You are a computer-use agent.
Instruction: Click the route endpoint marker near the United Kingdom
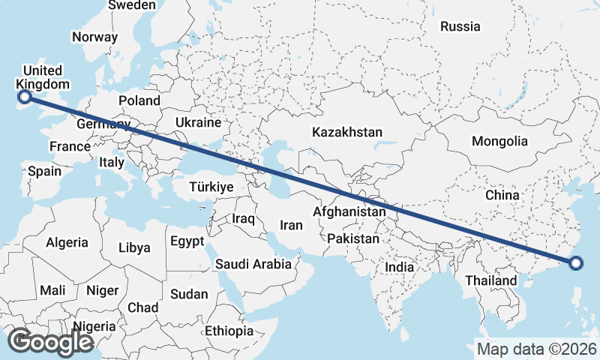(25, 96)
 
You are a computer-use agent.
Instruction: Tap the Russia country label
(460, 26)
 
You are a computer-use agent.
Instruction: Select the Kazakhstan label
(347, 132)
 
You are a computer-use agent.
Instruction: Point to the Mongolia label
(499, 141)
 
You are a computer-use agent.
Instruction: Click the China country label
(502, 195)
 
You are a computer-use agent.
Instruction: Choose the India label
(400, 267)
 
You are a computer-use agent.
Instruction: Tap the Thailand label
(491, 280)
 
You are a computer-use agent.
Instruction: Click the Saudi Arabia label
(253, 264)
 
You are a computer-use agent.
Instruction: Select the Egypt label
(187, 241)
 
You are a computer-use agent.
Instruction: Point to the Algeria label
(67, 243)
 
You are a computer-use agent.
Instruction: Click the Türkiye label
(211, 187)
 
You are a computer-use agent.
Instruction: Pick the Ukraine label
(198, 122)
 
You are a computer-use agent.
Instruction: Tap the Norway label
(94, 36)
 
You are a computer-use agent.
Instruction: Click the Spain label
(45, 171)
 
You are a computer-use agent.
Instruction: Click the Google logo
(50, 342)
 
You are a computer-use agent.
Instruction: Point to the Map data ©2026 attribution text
(536, 349)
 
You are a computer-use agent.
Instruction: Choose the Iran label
(291, 225)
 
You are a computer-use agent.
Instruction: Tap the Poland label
(139, 100)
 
